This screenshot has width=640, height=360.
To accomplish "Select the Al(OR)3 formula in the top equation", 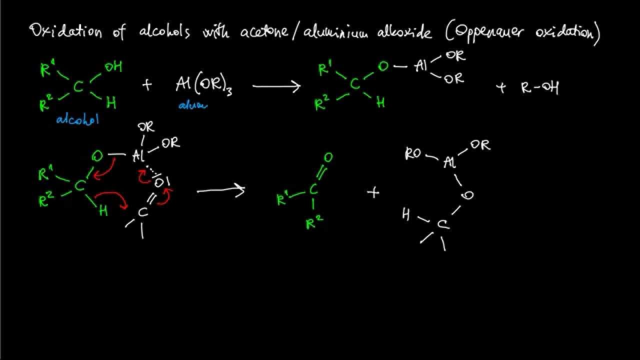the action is (x=203, y=85).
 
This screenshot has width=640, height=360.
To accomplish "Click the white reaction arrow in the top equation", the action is (x=276, y=86).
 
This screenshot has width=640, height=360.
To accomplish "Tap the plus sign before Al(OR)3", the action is (x=146, y=85).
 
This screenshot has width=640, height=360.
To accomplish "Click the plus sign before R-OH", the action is (x=501, y=88).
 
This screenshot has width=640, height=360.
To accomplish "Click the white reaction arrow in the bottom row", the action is (x=220, y=190).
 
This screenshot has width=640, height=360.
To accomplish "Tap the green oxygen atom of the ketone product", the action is (x=328, y=158).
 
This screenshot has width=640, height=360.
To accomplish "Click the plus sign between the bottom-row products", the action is (x=373, y=192).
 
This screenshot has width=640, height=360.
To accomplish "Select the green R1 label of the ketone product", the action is (x=283, y=199).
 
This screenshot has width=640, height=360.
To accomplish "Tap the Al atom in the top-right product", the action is (x=421, y=66).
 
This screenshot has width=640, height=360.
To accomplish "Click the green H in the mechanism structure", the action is (x=103, y=210).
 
